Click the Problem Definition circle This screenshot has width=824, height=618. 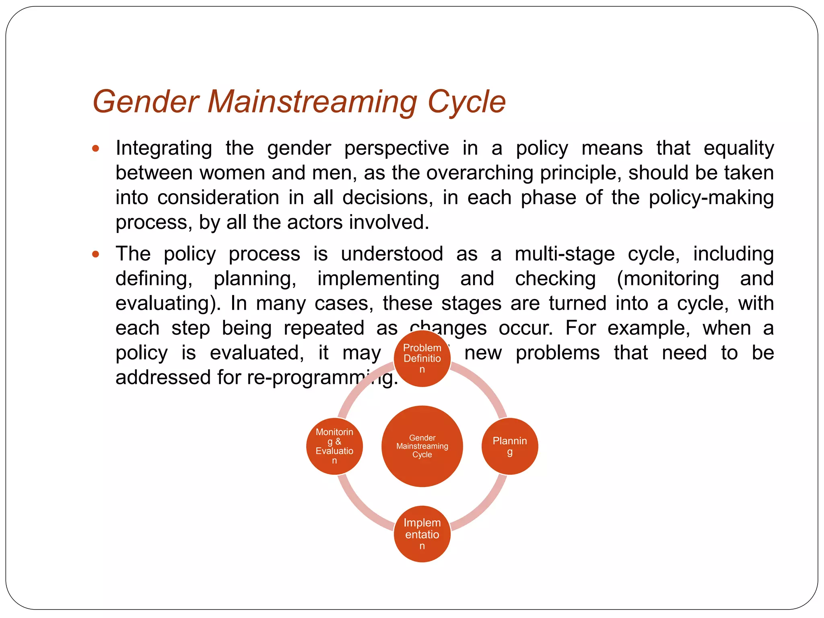tap(422, 358)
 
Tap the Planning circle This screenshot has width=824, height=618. tap(510, 446)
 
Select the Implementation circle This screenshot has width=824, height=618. tap(422, 534)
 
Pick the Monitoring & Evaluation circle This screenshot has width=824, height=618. tap(334, 446)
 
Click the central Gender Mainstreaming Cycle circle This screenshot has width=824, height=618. tap(422, 446)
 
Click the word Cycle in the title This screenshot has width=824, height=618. tap(466, 102)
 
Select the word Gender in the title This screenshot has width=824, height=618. tap(146, 102)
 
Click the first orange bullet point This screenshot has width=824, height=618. tap(95, 148)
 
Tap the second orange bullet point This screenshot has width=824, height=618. tap(95, 254)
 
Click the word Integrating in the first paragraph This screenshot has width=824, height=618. tap(164, 148)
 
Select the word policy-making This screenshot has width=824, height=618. tap(711, 198)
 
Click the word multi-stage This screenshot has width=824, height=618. tap(564, 254)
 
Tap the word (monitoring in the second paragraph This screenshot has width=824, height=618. tap(667, 279)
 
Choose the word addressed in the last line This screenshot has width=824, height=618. tap(163, 377)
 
